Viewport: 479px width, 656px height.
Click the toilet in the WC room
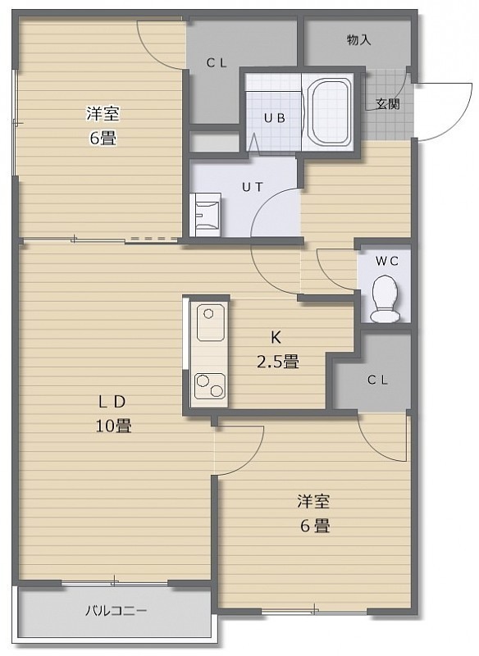385,298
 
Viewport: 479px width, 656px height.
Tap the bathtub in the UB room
329,112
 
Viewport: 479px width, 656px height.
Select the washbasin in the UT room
206,215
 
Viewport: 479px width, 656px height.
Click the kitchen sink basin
211,322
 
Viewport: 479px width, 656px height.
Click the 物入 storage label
358,40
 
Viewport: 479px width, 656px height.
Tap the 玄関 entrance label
387,104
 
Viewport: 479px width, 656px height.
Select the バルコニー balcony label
116,611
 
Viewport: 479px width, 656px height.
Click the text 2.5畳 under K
277,361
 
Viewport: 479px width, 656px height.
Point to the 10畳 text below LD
114,426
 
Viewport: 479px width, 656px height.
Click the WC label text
386,262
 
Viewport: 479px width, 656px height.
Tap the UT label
253,187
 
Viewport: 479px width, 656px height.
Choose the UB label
275,118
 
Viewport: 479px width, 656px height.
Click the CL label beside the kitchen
378,380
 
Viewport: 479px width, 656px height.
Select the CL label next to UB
217,63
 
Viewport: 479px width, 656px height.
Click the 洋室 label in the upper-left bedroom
103,113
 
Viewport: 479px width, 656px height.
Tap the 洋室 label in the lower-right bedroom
314,501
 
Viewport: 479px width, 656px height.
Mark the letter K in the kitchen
276,337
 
